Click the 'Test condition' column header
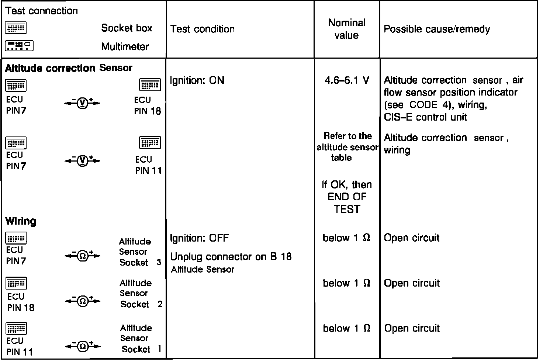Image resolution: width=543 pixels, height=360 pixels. tap(203, 29)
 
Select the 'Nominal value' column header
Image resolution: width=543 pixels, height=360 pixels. tap(346, 29)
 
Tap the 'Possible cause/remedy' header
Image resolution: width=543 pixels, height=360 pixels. tap(437, 29)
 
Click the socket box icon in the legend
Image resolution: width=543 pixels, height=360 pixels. tap(16, 28)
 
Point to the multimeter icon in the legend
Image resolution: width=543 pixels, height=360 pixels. tap(19, 46)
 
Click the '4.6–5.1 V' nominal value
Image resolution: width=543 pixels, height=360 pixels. tap(346, 80)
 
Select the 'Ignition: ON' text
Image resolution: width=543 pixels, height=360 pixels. tap(197, 80)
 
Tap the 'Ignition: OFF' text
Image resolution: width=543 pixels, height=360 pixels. tap(199, 238)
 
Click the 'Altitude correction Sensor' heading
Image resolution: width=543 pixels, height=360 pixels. tap(69, 68)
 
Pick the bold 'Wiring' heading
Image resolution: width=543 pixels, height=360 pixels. tap(21, 221)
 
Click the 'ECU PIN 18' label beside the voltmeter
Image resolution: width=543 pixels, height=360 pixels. tap(148, 105)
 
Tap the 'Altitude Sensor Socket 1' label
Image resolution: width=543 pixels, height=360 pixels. tap(140, 339)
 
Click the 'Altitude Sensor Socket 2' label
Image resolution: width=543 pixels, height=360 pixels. tap(141, 294)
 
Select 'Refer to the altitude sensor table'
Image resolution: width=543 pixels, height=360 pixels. tap(347, 146)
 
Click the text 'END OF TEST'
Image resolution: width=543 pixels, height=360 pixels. tap(347, 203)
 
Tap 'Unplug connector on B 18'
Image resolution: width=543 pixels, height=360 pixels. tap(231, 256)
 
